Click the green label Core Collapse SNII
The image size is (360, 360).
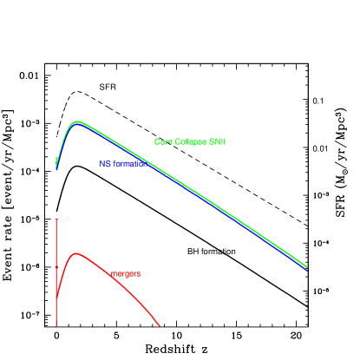click(190, 141)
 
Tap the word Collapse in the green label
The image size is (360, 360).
click(189, 141)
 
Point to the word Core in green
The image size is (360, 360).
click(162, 141)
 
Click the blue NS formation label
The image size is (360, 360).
click(122, 163)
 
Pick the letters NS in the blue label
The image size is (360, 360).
click(104, 163)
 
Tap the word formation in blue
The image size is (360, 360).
click(128, 163)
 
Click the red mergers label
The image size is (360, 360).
click(125, 274)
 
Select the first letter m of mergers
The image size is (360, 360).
click(113, 274)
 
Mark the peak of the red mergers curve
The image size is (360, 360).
click(76, 253)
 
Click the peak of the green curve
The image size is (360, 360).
click(77, 121)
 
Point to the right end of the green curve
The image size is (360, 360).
click(307, 266)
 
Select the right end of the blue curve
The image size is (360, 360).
click(307, 271)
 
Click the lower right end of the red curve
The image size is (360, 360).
click(160, 326)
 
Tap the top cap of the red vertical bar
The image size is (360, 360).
click(56, 219)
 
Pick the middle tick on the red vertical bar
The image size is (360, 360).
click(56, 266)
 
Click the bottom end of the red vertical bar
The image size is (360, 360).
click(56, 324)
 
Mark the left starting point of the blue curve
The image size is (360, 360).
click(56, 169)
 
